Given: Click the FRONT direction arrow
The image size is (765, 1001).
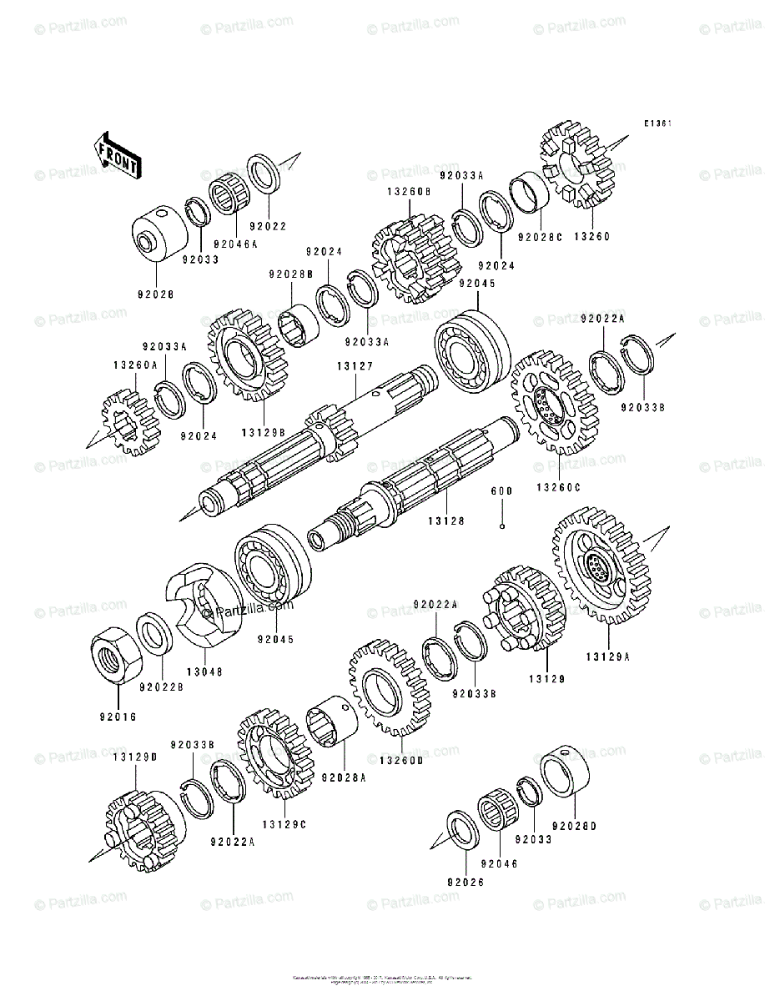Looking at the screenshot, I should (x=116, y=153).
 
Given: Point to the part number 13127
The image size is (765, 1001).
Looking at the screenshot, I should (x=354, y=365).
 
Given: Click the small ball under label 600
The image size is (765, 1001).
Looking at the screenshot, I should (x=501, y=526).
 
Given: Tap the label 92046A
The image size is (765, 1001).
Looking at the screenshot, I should (x=235, y=244).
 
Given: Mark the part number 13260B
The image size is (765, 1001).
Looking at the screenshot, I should (x=408, y=191).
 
